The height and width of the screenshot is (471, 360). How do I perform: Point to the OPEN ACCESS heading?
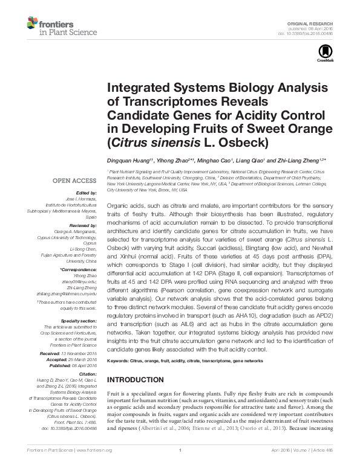click(71, 180)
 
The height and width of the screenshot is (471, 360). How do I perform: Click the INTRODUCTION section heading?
click(138, 380)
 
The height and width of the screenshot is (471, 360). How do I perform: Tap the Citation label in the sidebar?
click(87, 375)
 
